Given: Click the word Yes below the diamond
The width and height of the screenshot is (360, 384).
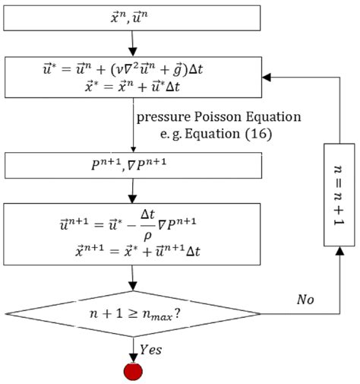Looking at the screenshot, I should coord(151,351).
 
